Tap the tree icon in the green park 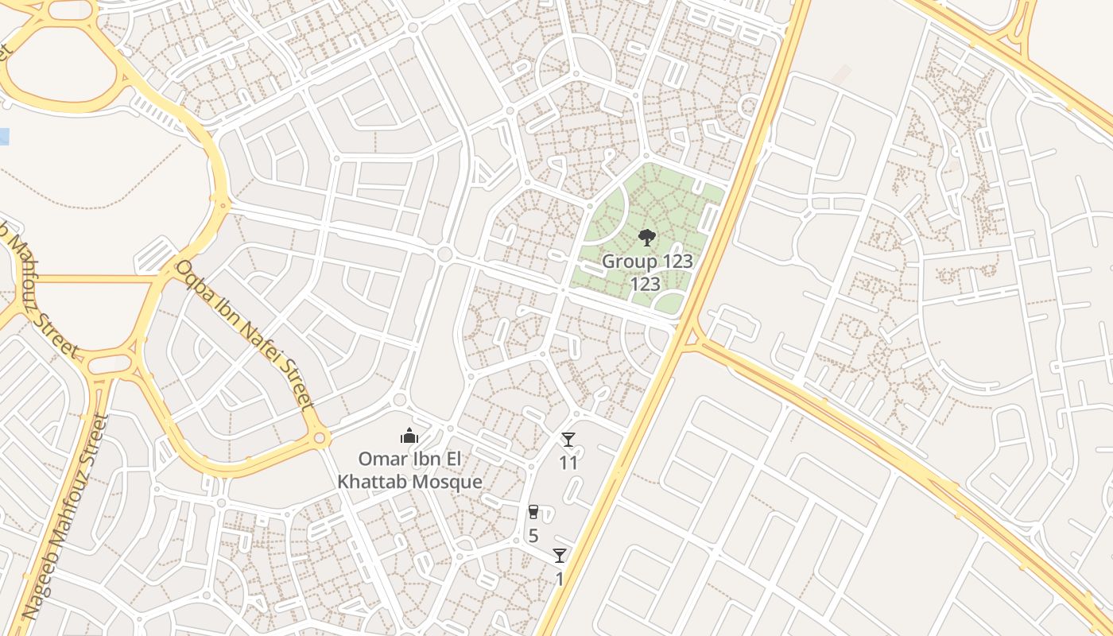click(x=647, y=237)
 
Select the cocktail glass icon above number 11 click(x=568, y=440)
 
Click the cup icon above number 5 click(x=533, y=512)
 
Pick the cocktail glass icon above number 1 click(x=560, y=556)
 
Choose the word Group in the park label click(x=629, y=261)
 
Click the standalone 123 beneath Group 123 click(x=646, y=284)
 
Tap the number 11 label click(x=568, y=462)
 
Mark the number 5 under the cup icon click(x=533, y=535)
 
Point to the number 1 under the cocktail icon click(x=559, y=578)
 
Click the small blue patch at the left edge click(x=4, y=136)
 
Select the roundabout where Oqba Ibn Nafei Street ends click(x=320, y=436)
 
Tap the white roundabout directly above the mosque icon click(x=400, y=400)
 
